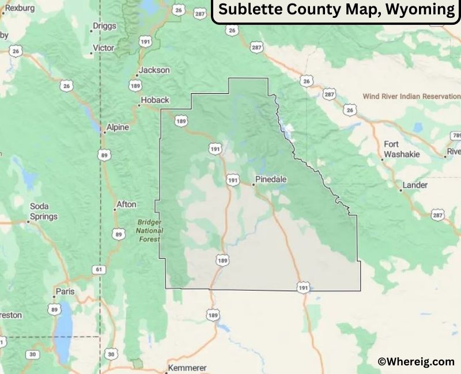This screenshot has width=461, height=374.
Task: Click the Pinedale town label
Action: pos(271,180)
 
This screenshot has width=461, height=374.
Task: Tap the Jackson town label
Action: pos(154,70)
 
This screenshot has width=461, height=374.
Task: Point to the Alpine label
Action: pos(118,127)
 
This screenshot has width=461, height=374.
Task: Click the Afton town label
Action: pos(127,204)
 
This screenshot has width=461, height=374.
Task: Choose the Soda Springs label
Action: pos(44,211)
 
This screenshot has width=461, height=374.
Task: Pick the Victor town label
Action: pos(104,48)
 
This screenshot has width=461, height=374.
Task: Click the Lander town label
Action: pos(415,185)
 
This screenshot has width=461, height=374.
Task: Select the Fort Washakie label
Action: pos(402,149)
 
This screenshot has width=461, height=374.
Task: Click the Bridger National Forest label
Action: pos(150,230)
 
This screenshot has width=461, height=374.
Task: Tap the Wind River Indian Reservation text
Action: pos(411,97)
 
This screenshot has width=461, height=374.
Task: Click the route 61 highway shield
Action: pos(99,269)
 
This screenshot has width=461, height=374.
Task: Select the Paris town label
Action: pos(65,292)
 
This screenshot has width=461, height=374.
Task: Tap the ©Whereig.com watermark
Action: pos(415,361)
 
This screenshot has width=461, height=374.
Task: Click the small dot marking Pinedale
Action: pos(253,185)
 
